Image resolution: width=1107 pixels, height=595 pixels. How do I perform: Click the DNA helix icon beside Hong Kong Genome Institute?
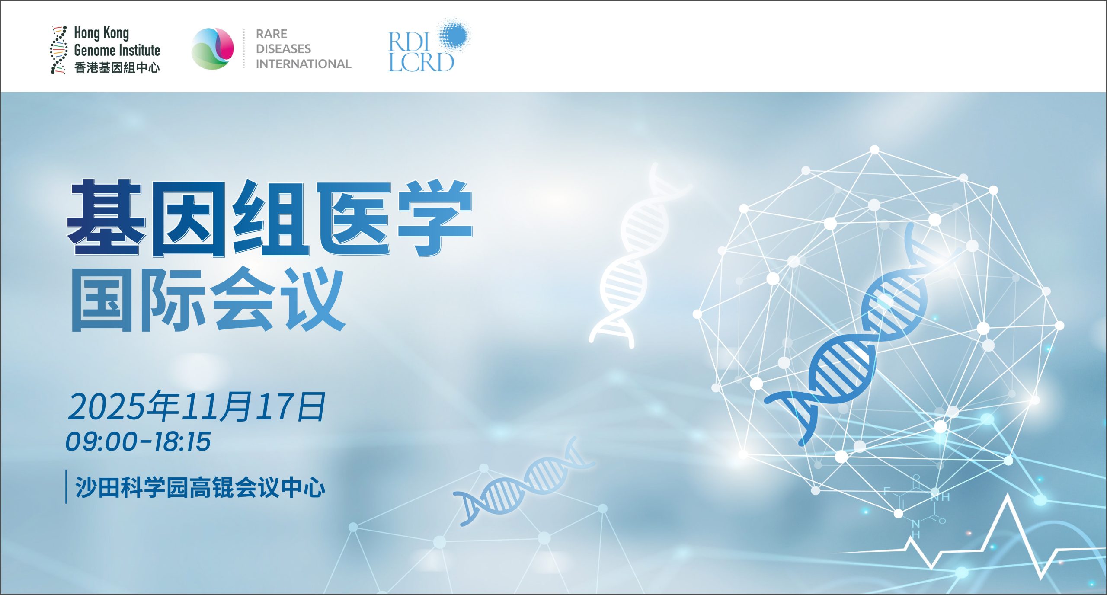[58, 49]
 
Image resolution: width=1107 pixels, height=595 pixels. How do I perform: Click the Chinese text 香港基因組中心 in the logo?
[117, 67]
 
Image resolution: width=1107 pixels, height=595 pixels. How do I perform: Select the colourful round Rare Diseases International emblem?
[212, 48]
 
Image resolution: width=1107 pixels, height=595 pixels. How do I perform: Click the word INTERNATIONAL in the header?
[303, 64]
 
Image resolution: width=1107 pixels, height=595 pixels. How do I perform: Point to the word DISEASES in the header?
[283, 48]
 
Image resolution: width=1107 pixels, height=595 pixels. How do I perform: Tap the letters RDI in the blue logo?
[408, 42]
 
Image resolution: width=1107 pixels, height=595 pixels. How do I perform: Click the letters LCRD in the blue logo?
[421, 62]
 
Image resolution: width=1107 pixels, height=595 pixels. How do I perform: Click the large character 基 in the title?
[106, 218]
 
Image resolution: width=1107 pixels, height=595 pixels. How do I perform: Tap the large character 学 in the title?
[435, 218]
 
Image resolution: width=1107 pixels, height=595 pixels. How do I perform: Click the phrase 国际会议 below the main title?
[208, 300]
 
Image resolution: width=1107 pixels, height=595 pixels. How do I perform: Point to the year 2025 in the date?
[106, 407]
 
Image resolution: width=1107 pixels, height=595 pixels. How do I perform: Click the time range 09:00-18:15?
[138, 441]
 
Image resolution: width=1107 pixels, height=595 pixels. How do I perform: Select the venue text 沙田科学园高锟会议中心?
[200, 487]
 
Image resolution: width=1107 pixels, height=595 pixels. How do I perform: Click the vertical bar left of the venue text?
[66, 486]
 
